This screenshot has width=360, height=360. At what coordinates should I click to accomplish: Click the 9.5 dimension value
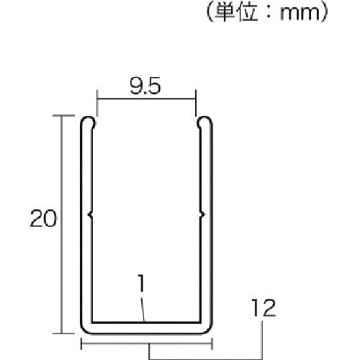click(145, 86)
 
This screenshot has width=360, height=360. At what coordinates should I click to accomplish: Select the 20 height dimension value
click(43, 218)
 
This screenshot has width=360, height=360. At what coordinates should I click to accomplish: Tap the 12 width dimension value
click(264, 307)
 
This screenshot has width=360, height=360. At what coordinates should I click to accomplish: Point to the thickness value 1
click(142, 283)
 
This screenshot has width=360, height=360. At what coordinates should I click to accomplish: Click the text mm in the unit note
click(300, 13)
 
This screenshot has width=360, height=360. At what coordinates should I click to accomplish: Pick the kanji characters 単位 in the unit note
click(236, 12)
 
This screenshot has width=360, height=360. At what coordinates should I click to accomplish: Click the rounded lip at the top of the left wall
click(88, 122)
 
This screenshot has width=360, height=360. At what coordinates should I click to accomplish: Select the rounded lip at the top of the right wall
click(204, 122)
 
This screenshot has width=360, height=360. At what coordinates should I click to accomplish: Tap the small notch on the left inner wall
click(90, 215)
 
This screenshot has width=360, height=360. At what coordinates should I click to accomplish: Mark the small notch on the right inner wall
click(202, 215)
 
